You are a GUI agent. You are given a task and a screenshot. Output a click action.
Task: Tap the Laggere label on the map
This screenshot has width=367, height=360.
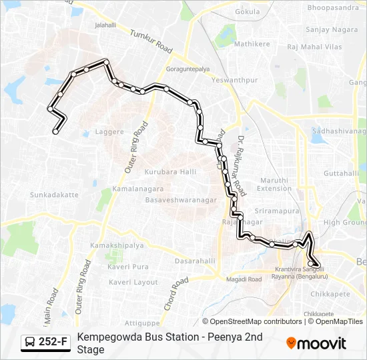click(x=110, y=132)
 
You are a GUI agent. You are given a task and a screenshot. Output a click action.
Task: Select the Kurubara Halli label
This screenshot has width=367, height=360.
click(x=170, y=172)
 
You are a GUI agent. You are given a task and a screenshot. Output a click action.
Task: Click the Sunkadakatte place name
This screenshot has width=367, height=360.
click(x=54, y=195)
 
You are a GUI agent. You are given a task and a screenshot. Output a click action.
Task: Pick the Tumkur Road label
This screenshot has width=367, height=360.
click(x=151, y=42)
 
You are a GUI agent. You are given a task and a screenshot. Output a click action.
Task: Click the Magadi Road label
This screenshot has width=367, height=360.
click(x=245, y=279)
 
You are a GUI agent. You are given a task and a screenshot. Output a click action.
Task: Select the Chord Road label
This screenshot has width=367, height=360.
click(x=175, y=294)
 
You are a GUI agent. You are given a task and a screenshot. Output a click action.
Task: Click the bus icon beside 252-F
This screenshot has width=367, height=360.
click(x=31, y=343)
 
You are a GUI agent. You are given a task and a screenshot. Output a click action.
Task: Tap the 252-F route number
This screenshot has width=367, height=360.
click(x=53, y=343)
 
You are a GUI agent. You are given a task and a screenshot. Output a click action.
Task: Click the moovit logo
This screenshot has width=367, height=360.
click(x=316, y=343)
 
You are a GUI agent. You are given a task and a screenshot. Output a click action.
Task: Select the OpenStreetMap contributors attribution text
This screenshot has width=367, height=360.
click(x=256, y=321)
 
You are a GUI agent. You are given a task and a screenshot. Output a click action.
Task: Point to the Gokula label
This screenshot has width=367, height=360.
click(x=248, y=12)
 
